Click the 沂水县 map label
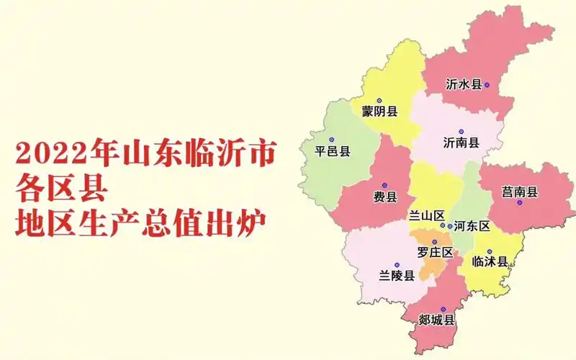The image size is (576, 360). point(463,85)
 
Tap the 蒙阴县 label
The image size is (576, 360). point(379,112)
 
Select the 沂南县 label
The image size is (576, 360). point(462,143)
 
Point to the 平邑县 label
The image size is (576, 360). point(333,151)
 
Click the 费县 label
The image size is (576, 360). point(384,197)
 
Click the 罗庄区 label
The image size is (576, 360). point(435,252)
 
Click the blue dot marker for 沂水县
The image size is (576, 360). point(487,85)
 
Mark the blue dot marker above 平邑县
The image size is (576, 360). point(332,140)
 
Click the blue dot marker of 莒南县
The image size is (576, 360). point(519,203)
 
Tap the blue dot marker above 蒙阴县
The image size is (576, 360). point(379,101)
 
